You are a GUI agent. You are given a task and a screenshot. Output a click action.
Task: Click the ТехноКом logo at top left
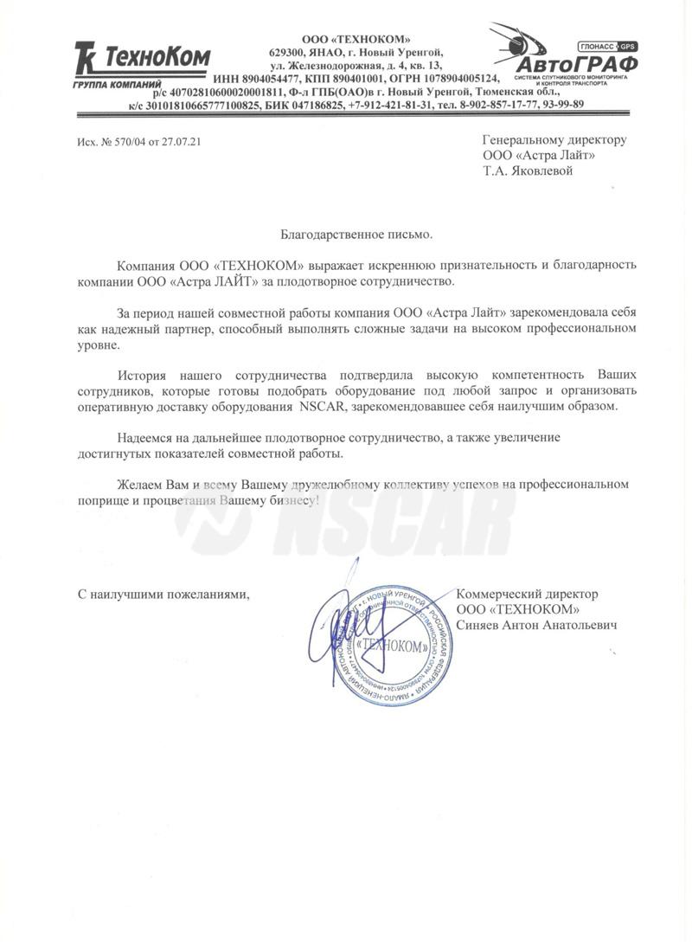point(142,59)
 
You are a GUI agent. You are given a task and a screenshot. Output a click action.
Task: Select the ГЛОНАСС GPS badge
point(606,45)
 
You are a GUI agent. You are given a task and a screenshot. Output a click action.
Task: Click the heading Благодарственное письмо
point(355,234)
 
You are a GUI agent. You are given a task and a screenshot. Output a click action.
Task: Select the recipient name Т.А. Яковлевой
point(528,170)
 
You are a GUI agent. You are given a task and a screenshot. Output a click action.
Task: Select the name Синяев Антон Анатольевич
point(535,625)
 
